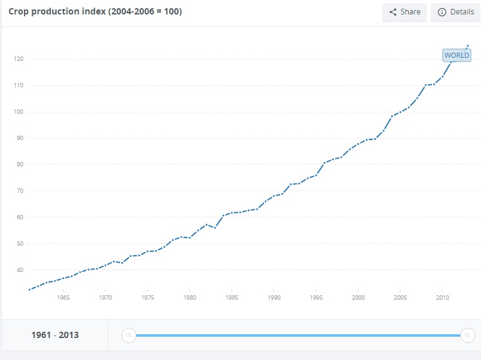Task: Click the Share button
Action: pyautogui.click(x=404, y=12)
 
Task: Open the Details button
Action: pyautogui.click(x=455, y=12)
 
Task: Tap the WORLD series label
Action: pyautogui.click(x=456, y=55)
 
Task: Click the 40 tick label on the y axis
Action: pyautogui.click(x=19, y=270)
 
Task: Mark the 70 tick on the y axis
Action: pyautogui.click(x=19, y=191)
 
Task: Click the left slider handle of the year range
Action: pyautogui.click(x=128, y=335)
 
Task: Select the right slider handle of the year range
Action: pyautogui.click(x=467, y=335)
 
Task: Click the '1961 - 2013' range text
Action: pyautogui.click(x=55, y=335)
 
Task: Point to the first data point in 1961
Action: pyautogui.click(x=30, y=290)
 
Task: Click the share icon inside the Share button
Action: pyautogui.click(x=393, y=12)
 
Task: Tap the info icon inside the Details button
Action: pyautogui.click(x=441, y=12)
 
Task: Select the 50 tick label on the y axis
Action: pyautogui.click(x=19, y=244)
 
